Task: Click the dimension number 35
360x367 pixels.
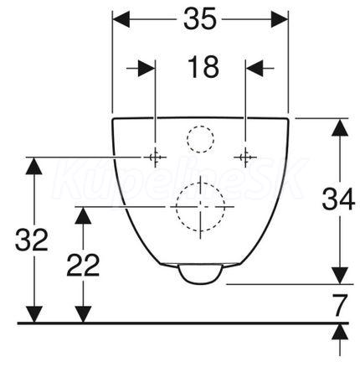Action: [x=200, y=18]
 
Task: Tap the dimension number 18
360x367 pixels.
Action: [x=203, y=67]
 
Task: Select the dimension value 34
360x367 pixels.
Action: [x=338, y=199]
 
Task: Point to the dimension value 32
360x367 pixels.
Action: [x=32, y=240]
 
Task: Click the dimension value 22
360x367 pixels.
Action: [x=83, y=265]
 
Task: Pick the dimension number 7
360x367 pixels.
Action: [x=340, y=305]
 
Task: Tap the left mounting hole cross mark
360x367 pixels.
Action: [x=155, y=158]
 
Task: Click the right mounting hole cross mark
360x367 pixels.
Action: [x=245, y=158]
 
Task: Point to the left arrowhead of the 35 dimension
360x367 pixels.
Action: [x=121, y=19]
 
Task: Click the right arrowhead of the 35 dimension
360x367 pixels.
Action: [x=280, y=19]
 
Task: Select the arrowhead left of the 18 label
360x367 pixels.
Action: [x=147, y=68]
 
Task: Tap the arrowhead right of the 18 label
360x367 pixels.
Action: [x=255, y=68]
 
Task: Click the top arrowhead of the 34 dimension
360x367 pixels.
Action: [x=340, y=127]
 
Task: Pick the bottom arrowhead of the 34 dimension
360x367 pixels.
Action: [x=340, y=276]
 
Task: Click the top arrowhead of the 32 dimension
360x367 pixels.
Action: [x=34, y=166]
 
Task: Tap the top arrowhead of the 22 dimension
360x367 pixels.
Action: [x=83, y=215]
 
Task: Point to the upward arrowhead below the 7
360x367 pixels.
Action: [x=340, y=332]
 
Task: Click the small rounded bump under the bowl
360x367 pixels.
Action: [x=201, y=275]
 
